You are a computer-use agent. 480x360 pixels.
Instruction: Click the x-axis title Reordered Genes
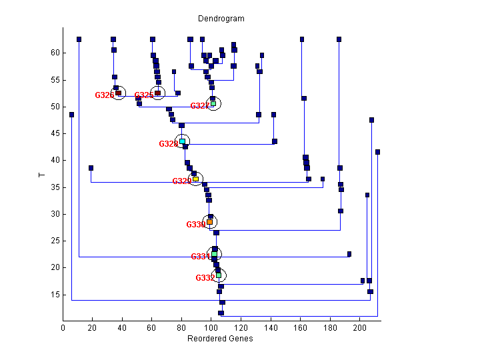(220, 339)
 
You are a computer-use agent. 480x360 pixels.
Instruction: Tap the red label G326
(105, 95)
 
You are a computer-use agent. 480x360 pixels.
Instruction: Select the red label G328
(169, 144)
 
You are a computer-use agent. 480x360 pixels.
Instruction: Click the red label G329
(182, 181)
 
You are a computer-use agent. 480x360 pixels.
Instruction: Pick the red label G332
(205, 278)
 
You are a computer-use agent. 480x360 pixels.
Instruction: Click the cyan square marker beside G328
(182, 141)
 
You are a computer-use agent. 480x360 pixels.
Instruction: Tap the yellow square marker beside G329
(195, 179)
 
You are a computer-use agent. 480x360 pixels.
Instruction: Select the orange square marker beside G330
(209, 222)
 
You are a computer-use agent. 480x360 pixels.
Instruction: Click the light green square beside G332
(218, 275)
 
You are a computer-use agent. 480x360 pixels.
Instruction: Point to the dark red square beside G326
(118, 93)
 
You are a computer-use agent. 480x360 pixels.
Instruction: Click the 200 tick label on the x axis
(359, 327)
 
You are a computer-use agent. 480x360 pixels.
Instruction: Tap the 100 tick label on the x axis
(211, 327)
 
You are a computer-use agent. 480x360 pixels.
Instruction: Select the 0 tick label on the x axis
(63, 327)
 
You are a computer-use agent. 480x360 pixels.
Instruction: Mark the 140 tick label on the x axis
(270, 327)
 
